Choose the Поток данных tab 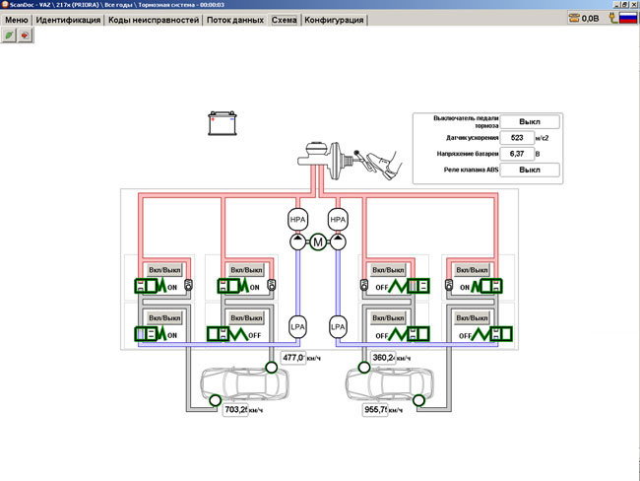[235, 20]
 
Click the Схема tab [285, 20]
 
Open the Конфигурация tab [335, 20]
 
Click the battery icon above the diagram [223, 123]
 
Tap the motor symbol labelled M [318, 242]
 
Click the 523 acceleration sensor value [518, 138]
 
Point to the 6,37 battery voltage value [518, 155]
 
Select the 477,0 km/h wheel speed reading [293, 357]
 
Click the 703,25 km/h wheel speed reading [235, 408]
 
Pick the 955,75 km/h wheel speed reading [378, 408]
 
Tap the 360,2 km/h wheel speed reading [384, 357]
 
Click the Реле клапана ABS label [473, 171]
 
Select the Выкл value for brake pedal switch [531, 121]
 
